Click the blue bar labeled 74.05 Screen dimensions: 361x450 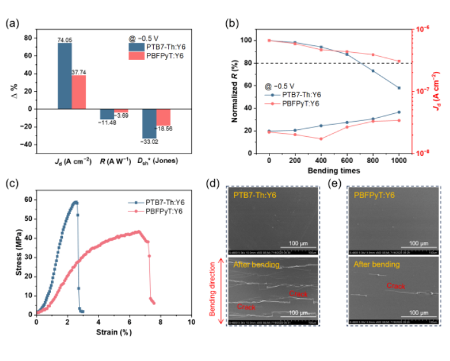[65, 76]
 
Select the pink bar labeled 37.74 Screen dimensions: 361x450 [79, 92]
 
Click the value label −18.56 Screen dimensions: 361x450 [165, 129]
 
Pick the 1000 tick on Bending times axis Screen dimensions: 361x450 [399, 162]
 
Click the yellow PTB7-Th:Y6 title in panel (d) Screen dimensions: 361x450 [256, 195]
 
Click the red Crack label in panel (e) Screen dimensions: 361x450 [396, 287]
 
